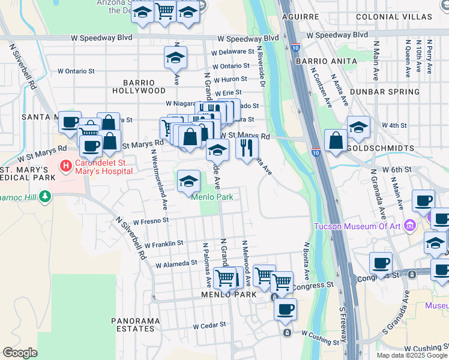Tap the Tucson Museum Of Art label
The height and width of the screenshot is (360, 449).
(x=357, y=226)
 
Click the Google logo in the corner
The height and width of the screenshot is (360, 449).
(x=20, y=353)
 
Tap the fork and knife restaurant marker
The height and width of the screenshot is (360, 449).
(x=247, y=147)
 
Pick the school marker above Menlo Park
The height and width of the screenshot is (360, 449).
(x=189, y=181)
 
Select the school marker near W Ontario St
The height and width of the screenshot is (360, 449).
(x=175, y=58)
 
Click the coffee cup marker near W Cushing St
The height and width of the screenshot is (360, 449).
(x=286, y=309)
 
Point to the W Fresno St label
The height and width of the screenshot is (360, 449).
(x=151, y=221)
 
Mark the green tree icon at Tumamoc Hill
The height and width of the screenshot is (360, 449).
(x=44, y=197)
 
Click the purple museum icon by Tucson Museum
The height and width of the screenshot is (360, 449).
(x=411, y=226)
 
